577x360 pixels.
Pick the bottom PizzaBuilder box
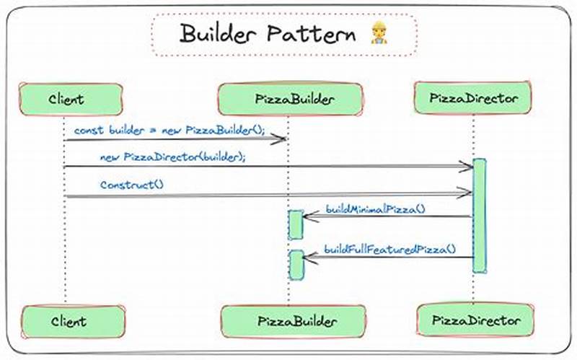[x=288, y=321]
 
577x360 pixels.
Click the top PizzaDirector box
[x=473, y=97]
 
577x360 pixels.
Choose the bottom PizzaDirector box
[x=474, y=319]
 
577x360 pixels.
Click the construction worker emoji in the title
[x=378, y=34]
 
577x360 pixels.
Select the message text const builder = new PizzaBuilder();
[x=169, y=131]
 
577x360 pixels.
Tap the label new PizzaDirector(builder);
[x=174, y=157]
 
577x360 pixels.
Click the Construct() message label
[x=132, y=185]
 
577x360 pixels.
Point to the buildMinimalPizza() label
[x=375, y=209]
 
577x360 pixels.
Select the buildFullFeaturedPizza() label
[x=389, y=249]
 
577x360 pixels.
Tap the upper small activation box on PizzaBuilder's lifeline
[x=296, y=224]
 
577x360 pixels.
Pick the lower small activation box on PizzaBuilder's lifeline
[x=296, y=265]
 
